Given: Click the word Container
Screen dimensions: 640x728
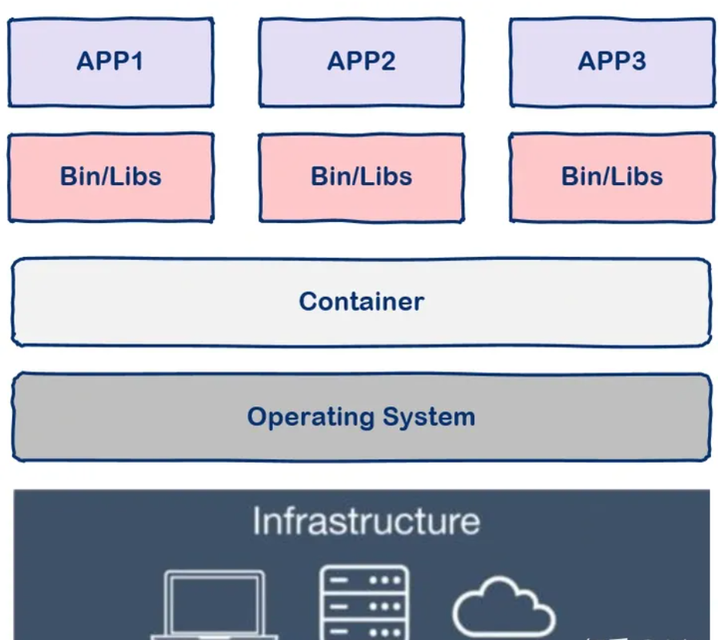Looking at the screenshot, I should tap(361, 301).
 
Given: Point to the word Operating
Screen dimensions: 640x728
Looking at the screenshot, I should tap(302, 417).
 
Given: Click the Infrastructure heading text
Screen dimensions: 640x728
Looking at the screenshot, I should tap(366, 521).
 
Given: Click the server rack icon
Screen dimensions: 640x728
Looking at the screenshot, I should tap(365, 603).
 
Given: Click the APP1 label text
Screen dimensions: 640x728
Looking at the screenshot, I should tap(110, 60).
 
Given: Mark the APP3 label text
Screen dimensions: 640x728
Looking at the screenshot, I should tap(612, 60).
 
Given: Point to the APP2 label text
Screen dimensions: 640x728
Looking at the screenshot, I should tap(361, 60).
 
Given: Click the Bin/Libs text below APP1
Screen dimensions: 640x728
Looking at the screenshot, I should tap(110, 176).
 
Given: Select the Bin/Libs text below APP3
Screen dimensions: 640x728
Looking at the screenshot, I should tap(612, 176).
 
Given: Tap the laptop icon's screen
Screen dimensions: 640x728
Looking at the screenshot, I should tap(214, 601).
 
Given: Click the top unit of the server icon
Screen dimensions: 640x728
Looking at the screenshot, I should tap(365, 580).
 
